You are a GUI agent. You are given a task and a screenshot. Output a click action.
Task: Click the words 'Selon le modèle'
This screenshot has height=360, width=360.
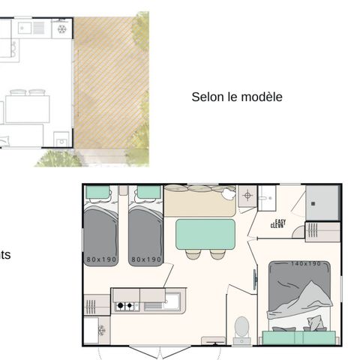coord(236,97)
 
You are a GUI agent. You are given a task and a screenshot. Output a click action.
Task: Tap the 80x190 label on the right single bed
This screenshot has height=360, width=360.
coord(146,259)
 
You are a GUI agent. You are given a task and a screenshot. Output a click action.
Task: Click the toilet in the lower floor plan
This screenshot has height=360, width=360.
coord(242,328)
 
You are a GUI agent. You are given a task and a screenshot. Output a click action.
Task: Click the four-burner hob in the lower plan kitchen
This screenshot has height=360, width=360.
coord(124,306)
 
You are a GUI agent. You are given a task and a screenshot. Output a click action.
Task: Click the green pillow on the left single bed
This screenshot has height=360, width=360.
coord(98,193)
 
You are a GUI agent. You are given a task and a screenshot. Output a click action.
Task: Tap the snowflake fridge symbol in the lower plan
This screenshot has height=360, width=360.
coord(100,331)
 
